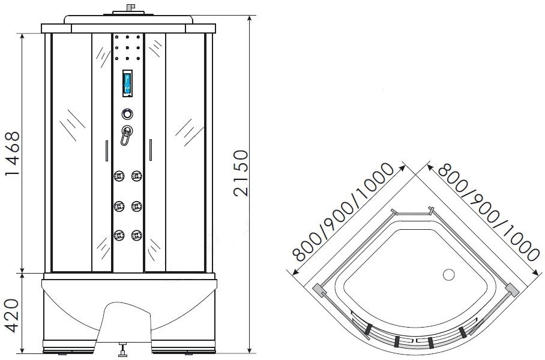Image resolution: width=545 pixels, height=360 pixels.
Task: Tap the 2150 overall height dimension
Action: [241, 173]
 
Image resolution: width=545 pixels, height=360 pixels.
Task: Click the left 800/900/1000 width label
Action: [343, 212]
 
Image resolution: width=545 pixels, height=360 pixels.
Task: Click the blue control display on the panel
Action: [127, 83]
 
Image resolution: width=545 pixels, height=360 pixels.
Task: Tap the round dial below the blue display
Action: [127, 114]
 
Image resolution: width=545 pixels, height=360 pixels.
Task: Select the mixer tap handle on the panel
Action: [127, 135]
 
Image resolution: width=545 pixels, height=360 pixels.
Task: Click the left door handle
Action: [107, 151]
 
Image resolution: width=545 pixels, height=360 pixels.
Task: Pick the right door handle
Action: [151, 150]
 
